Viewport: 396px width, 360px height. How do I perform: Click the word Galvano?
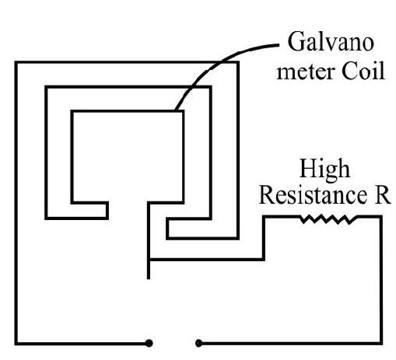tap(331, 42)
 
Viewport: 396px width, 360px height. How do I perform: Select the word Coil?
tap(363, 70)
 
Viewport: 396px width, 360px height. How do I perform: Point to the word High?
tap(324, 170)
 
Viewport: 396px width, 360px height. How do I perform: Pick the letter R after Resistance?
tap(383, 195)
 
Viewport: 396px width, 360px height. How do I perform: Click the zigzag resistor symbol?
tap(329, 219)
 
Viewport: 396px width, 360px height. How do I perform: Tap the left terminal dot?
tap(149, 343)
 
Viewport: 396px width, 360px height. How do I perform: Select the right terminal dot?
tap(198, 343)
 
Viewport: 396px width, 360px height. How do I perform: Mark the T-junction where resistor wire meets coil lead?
tap(149, 259)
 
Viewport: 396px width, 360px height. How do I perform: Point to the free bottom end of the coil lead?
tap(149, 278)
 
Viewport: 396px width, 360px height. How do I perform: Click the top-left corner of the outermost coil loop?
tap(16, 62)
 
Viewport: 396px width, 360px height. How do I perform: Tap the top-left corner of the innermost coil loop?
tap(72, 111)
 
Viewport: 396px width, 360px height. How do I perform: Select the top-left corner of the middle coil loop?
tap(47, 87)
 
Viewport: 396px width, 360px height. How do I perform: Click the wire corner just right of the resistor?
tap(381, 217)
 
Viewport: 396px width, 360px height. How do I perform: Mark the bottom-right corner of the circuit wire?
tap(381, 343)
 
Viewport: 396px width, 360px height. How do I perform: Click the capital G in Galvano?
tap(296, 41)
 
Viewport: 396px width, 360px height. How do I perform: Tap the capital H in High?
tap(308, 168)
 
